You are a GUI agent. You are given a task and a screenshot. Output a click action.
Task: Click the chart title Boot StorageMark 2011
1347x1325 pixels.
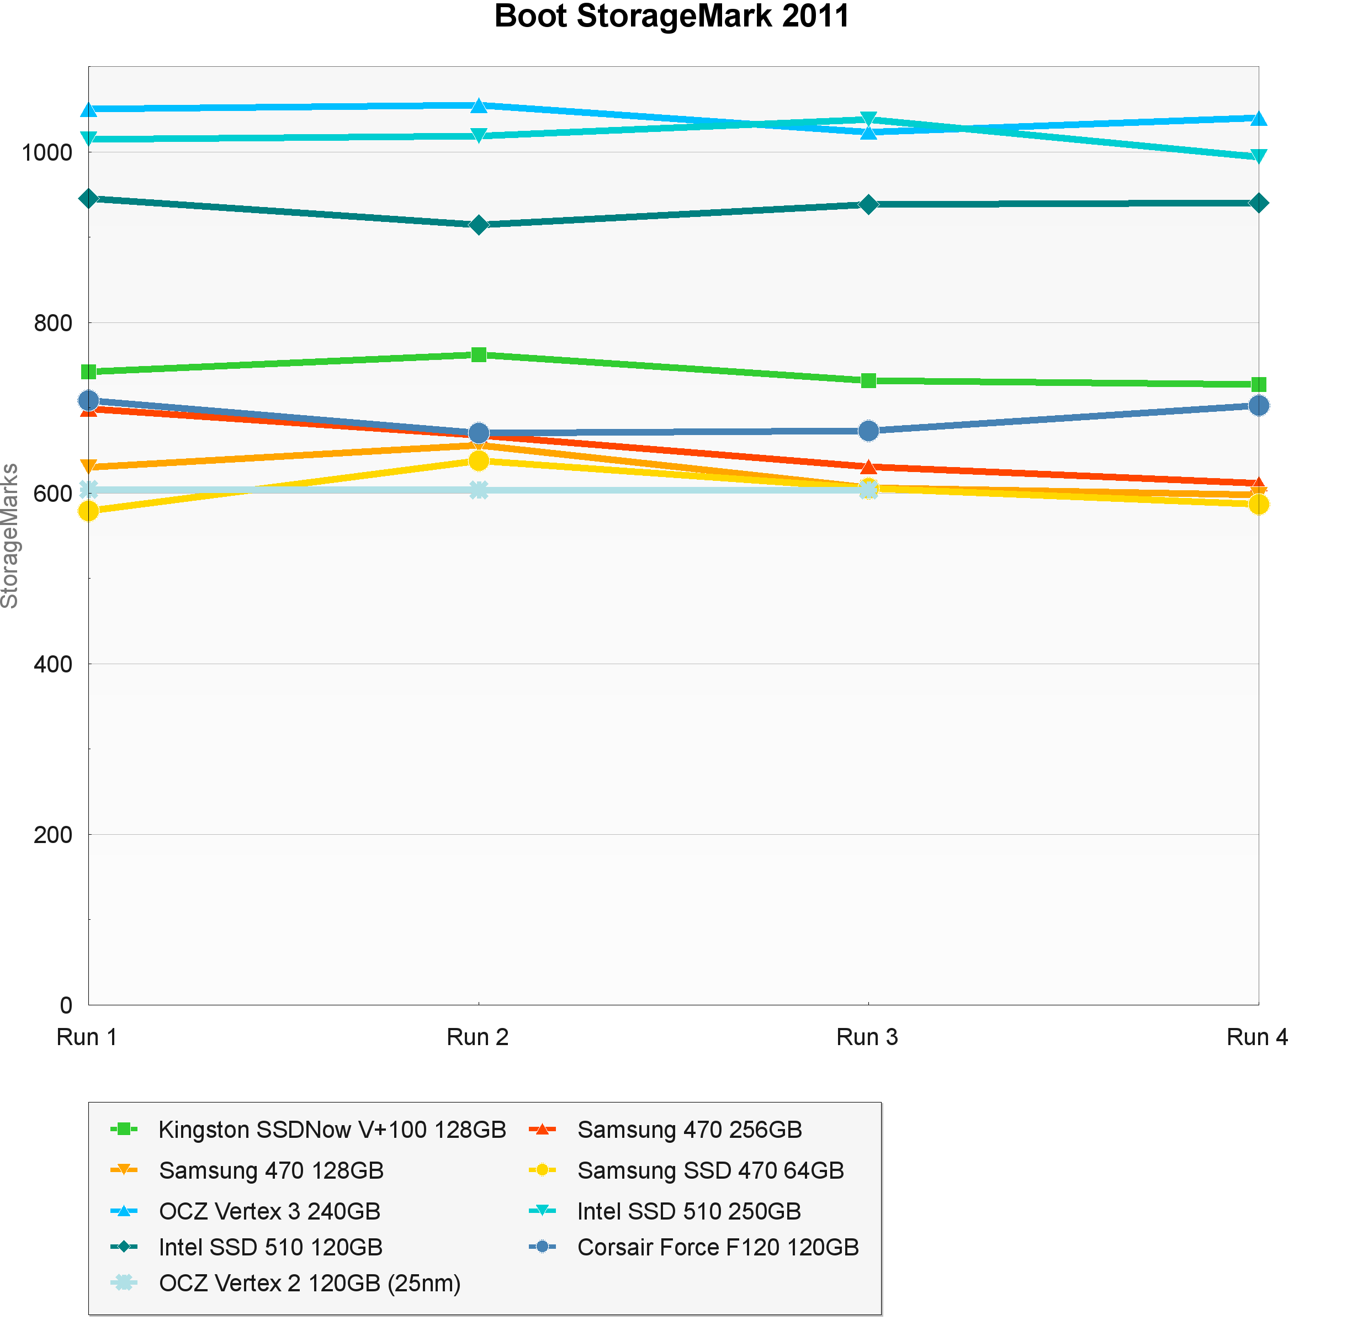[671, 17]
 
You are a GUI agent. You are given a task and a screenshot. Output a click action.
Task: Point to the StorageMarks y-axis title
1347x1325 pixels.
[10, 536]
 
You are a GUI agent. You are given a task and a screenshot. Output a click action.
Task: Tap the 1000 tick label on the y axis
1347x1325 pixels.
[46, 152]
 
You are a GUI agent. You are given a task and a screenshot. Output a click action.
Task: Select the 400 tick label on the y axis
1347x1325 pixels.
[53, 664]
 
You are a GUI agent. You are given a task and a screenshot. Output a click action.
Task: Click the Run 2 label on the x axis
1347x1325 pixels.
[478, 1037]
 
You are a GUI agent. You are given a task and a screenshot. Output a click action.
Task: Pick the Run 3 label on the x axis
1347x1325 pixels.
[867, 1037]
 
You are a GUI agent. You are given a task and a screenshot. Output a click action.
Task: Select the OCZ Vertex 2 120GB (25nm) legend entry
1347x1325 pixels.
[310, 1282]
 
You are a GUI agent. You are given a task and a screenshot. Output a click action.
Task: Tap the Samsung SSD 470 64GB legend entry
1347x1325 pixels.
[710, 1170]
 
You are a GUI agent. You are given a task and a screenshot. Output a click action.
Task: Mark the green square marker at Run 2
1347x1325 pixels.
[479, 355]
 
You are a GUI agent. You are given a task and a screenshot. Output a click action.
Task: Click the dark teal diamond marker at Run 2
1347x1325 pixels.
[479, 225]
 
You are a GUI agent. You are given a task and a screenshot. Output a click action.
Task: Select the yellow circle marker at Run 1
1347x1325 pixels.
[88, 511]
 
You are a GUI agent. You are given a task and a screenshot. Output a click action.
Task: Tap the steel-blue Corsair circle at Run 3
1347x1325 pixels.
[868, 431]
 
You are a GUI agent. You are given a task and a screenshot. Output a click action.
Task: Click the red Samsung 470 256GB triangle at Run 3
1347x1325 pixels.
[868, 467]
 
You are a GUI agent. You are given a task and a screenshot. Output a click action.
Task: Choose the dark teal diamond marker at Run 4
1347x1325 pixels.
[1258, 203]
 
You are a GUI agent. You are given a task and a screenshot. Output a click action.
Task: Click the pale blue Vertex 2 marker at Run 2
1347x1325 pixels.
[479, 490]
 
